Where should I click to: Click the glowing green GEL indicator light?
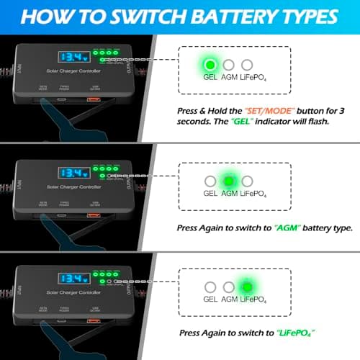point(210,66)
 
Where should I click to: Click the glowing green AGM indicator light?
point(229,181)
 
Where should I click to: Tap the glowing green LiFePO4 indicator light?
point(246,286)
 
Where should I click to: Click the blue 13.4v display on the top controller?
point(73,55)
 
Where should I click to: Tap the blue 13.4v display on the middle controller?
point(73,173)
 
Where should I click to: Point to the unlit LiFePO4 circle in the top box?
point(247,66)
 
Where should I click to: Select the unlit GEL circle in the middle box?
point(210,181)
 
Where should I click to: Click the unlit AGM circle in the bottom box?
point(229,287)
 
